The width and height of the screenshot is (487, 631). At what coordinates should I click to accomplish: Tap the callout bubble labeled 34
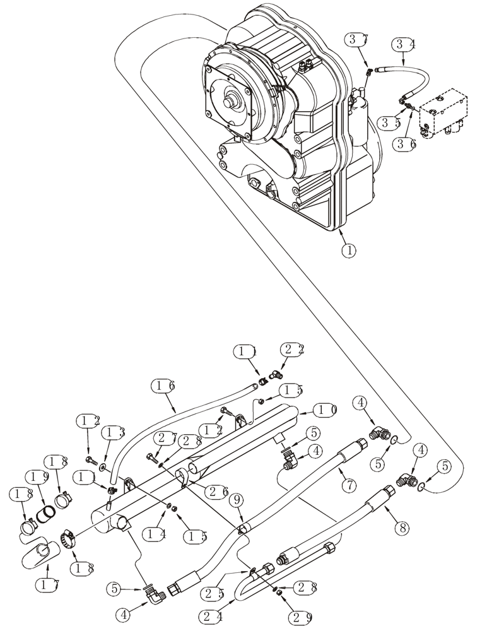tap(404, 45)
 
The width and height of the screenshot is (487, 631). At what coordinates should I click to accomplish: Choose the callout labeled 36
tap(404, 144)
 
